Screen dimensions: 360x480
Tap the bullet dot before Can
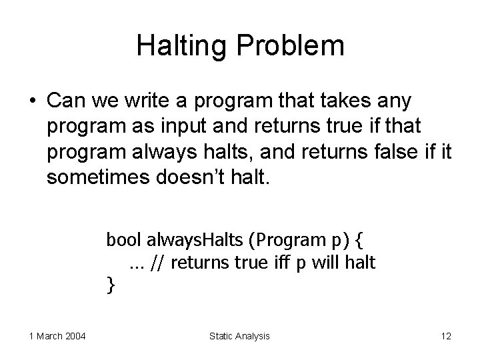(x=33, y=102)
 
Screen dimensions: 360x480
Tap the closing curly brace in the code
(x=111, y=286)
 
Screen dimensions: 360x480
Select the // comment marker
(x=159, y=263)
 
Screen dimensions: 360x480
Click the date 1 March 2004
(x=57, y=336)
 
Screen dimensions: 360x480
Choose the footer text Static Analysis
(x=239, y=336)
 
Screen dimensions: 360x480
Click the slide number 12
(x=446, y=336)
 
